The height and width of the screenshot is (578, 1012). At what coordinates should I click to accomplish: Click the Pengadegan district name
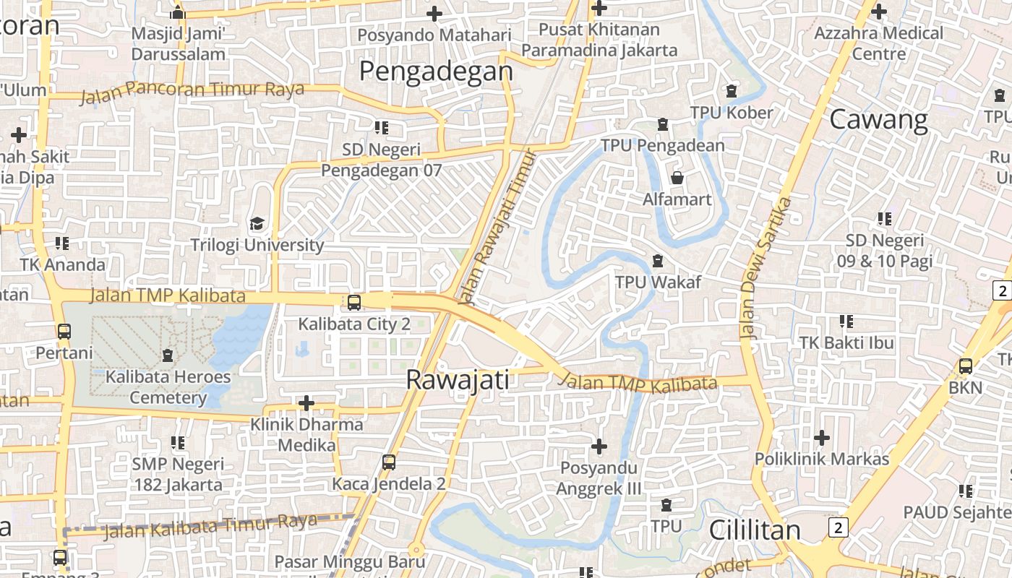click(x=436, y=72)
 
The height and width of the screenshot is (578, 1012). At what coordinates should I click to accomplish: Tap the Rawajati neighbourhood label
click(x=458, y=379)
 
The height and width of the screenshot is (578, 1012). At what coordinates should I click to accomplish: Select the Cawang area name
click(x=878, y=119)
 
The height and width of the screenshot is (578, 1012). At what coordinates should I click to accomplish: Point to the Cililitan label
click(x=755, y=530)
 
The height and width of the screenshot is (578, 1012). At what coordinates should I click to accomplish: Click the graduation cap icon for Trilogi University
click(x=257, y=223)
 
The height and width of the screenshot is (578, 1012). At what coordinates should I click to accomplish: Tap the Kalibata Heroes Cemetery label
click(x=168, y=387)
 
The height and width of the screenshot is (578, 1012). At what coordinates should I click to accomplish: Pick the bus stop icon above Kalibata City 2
click(x=354, y=302)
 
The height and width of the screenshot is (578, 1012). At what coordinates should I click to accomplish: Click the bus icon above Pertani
click(x=64, y=332)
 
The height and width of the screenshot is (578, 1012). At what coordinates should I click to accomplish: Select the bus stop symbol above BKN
click(x=965, y=366)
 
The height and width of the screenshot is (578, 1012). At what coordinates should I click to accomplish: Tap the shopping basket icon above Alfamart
click(x=677, y=177)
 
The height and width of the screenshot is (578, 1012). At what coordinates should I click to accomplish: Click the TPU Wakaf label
click(x=658, y=282)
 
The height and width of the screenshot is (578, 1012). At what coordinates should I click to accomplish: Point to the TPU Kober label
click(x=732, y=113)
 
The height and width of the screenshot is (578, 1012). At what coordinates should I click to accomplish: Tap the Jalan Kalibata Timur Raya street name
click(x=210, y=526)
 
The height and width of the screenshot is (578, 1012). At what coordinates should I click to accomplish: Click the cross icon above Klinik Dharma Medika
click(x=306, y=402)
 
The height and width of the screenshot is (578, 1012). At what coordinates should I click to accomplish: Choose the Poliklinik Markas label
click(x=822, y=459)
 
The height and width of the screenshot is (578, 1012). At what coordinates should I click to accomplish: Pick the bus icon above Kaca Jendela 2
click(x=389, y=462)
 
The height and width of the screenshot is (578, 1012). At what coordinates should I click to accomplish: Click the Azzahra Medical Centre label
click(x=878, y=43)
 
